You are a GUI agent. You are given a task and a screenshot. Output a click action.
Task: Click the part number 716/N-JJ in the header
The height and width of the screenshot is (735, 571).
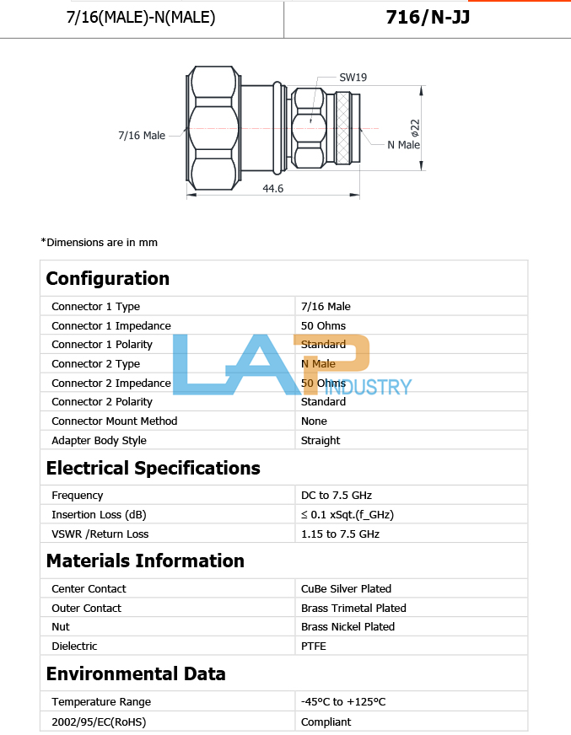(x=427, y=17)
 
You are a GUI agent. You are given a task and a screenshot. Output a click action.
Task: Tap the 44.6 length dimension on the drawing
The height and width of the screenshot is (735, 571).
(x=273, y=189)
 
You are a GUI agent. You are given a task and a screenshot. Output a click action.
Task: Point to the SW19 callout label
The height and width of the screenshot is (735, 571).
(x=353, y=78)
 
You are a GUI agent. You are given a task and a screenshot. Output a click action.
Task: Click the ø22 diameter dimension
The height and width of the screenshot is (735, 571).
(x=415, y=128)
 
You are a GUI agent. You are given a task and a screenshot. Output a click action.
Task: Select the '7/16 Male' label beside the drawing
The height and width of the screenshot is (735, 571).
(x=142, y=135)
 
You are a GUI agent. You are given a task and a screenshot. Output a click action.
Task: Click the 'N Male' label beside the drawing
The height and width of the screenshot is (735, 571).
(x=403, y=145)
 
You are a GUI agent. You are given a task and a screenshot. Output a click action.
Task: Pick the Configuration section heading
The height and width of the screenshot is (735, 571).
(x=107, y=279)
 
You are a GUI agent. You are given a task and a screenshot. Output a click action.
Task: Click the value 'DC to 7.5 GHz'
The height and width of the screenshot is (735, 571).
(x=336, y=496)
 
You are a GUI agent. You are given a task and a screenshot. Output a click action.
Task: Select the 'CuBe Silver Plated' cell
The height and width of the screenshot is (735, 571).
(x=346, y=589)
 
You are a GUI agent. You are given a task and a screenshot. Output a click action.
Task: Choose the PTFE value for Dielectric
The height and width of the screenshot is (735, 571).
(x=313, y=646)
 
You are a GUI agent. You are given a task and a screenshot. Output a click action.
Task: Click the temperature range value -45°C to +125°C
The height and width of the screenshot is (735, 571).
(x=343, y=702)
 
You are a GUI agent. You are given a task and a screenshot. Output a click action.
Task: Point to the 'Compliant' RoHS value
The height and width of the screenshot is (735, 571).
(x=326, y=722)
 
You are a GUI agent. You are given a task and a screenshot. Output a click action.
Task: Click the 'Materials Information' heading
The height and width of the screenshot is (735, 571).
(x=145, y=561)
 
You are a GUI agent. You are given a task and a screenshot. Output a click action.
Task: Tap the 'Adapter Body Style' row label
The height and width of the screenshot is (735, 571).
(x=99, y=441)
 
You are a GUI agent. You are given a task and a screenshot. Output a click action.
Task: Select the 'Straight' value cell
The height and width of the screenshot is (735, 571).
(x=321, y=441)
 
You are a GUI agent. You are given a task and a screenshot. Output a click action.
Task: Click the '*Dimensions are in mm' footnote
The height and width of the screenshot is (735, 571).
(x=99, y=243)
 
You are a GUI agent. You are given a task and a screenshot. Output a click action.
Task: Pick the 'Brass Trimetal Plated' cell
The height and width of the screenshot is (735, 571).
(x=353, y=609)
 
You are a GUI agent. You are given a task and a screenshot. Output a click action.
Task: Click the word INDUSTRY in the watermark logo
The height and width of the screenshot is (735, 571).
(x=369, y=388)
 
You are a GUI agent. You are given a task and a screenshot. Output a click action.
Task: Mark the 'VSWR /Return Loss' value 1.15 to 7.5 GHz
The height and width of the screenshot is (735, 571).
(x=340, y=534)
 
